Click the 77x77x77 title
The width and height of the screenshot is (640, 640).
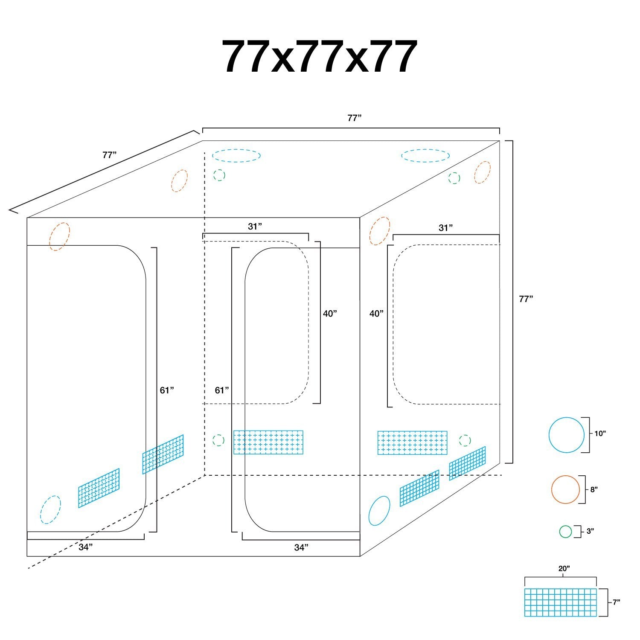pos(319,57)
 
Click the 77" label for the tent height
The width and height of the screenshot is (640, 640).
pos(526,299)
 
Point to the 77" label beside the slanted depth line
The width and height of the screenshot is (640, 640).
pos(110,155)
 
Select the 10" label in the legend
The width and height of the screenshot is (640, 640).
pos(600,433)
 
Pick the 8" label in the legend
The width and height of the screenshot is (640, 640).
pos(594,489)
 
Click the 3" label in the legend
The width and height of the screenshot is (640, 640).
pos(591,531)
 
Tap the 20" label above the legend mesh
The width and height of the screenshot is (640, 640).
pos(564,568)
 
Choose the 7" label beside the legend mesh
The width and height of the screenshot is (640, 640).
pos(616,602)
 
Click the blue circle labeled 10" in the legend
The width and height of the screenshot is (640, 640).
pos(567,435)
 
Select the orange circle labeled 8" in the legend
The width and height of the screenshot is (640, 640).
pos(565,489)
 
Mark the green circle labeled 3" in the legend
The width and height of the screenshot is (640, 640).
pos(565,532)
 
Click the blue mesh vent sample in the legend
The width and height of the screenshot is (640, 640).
pos(560,602)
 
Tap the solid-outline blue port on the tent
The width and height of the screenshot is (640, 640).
pos(379,511)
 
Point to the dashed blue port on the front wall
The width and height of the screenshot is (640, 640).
pos(51,509)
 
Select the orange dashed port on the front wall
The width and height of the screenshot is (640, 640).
pos(59,236)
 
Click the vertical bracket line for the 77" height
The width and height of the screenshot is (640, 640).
pos(512,301)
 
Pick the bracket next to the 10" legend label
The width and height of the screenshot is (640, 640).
pos(588,435)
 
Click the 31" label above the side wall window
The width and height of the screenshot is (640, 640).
pos(445,228)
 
